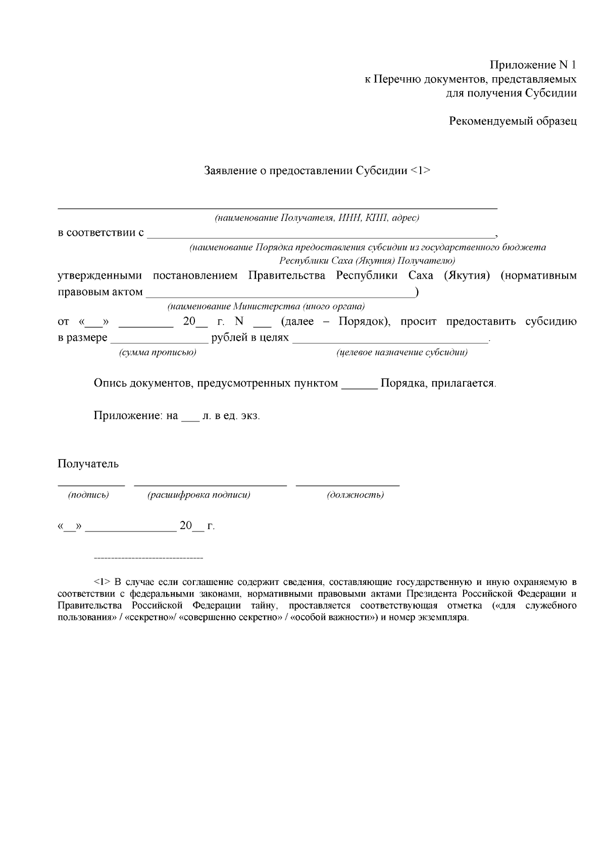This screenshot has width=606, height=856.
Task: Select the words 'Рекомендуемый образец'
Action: [x=513, y=121]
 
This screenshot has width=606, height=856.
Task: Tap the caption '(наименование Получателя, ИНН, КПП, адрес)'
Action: [x=317, y=218]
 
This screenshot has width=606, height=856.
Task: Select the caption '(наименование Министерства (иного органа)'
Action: [x=266, y=306]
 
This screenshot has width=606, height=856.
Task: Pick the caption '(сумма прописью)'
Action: [x=158, y=352]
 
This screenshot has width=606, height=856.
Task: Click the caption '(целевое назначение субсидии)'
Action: [x=401, y=352]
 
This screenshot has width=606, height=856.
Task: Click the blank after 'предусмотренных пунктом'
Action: [x=359, y=384]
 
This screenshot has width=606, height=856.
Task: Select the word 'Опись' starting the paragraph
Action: [x=110, y=384]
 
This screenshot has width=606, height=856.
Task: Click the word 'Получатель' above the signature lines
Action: [x=88, y=464]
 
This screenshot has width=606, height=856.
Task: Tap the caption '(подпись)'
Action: [x=88, y=495]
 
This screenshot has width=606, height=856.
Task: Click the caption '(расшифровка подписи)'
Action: [x=199, y=495]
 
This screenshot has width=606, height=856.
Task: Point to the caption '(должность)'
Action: [x=355, y=495]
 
